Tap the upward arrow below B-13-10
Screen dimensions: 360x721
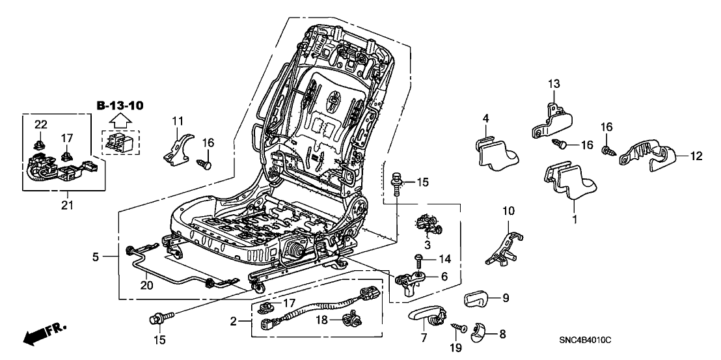tap(120, 120)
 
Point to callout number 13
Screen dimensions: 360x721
tap(554, 83)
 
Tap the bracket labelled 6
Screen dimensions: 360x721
tap(413, 281)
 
